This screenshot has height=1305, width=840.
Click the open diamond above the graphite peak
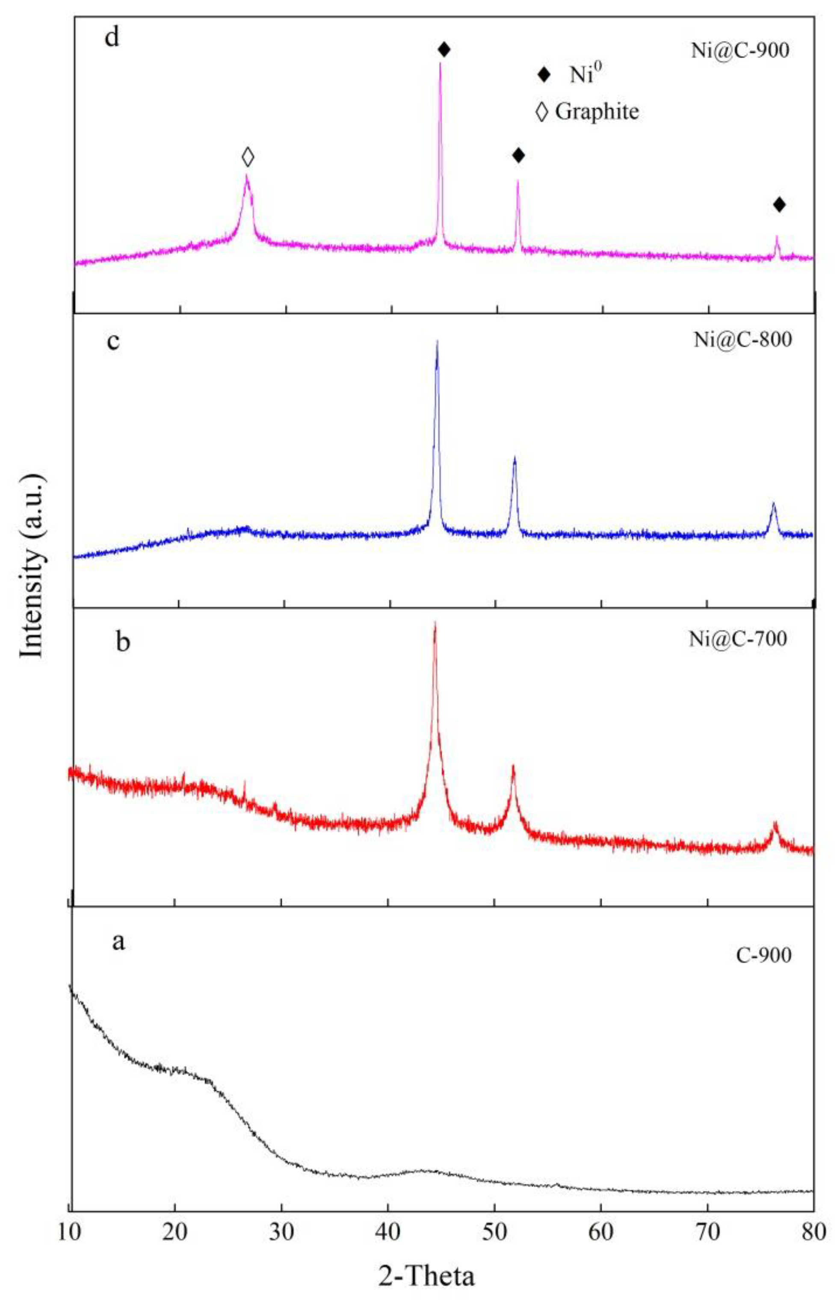[x=248, y=157]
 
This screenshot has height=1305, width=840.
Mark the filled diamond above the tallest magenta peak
[x=444, y=50]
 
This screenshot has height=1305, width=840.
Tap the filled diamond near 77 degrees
[x=779, y=205]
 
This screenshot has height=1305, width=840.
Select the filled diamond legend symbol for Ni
[x=543, y=75]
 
